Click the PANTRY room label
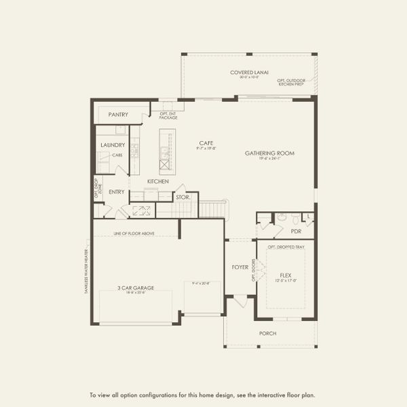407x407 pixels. [x=118, y=115]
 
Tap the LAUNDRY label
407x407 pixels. [x=112, y=145]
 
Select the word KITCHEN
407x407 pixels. [x=158, y=182]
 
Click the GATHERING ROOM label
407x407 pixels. [x=269, y=154]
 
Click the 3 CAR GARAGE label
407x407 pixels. [x=136, y=288]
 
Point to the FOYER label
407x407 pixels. [x=240, y=267]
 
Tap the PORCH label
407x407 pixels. [x=268, y=333]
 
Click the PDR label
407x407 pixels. [x=296, y=231]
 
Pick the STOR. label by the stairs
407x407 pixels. [x=182, y=198]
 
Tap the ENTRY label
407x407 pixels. [x=117, y=192]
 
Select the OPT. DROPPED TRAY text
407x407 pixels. [x=285, y=247]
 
